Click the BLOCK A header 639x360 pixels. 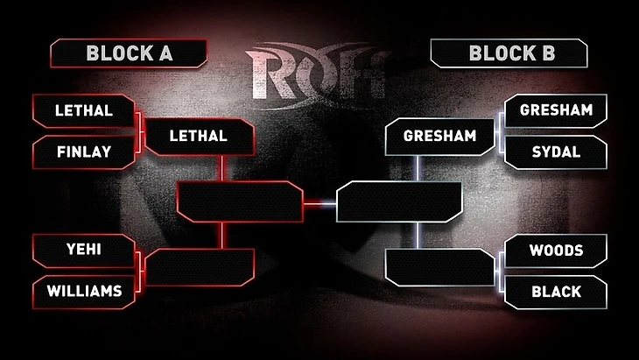pos(129,53)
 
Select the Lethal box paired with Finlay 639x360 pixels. pos(84,111)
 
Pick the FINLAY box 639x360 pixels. pos(84,152)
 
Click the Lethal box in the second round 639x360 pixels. pos(198,137)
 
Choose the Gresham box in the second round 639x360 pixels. pos(440,137)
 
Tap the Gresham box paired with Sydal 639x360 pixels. pos(556,111)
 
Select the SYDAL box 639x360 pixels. pos(556,152)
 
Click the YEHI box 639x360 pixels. pos(84,251)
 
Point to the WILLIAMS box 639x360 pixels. pos(84,291)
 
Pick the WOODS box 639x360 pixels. pos(556,251)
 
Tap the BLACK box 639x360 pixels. pos(556,291)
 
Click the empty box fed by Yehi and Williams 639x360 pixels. pos(200,267)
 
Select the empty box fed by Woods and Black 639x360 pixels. pos(440,267)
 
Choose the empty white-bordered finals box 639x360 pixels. pos(399,201)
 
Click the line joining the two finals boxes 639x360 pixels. pos(320,203)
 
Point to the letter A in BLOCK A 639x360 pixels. pos(166,53)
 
